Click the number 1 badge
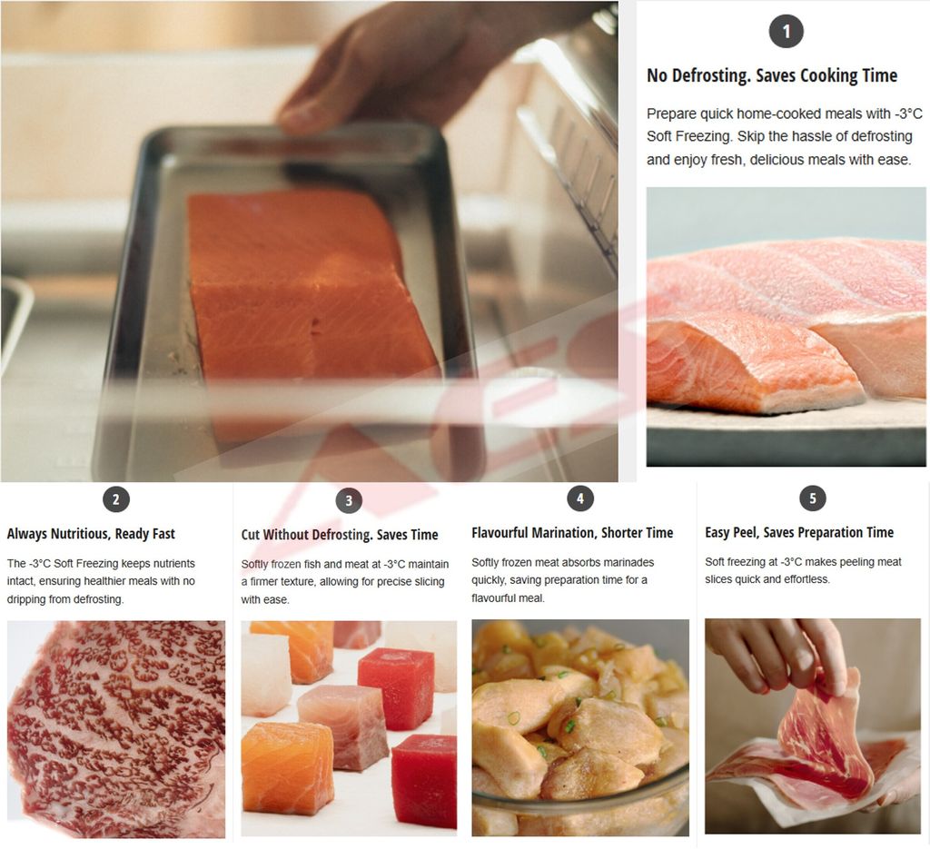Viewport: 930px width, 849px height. (x=786, y=31)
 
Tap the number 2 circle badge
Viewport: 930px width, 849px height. (x=115, y=499)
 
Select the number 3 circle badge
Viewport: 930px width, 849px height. (x=349, y=500)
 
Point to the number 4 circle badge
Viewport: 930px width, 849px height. (x=580, y=499)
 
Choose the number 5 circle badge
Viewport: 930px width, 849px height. (x=813, y=498)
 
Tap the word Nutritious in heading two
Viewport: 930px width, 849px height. (x=81, y=534)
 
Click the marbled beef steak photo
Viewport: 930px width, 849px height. (x=116, y=728)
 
